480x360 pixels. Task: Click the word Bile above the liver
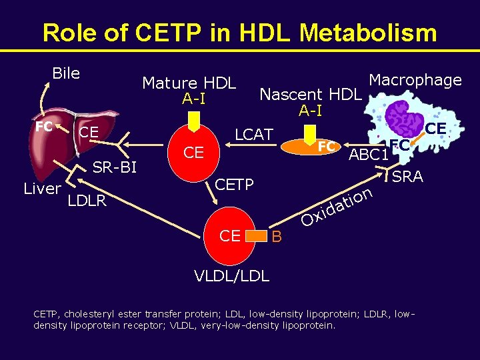click(66, 73)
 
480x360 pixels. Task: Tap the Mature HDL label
click(189, 83)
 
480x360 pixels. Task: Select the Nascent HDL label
click(310, 95)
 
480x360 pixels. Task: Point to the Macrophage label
click(415, 81)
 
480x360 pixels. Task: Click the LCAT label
click(254, 135)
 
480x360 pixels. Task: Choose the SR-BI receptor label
click(114, 167)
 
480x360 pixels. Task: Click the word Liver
click(42, 189)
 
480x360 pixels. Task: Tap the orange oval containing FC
click(314, 146)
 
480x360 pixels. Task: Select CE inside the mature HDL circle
click(193, 153)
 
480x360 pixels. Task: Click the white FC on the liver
click(45, 126)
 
